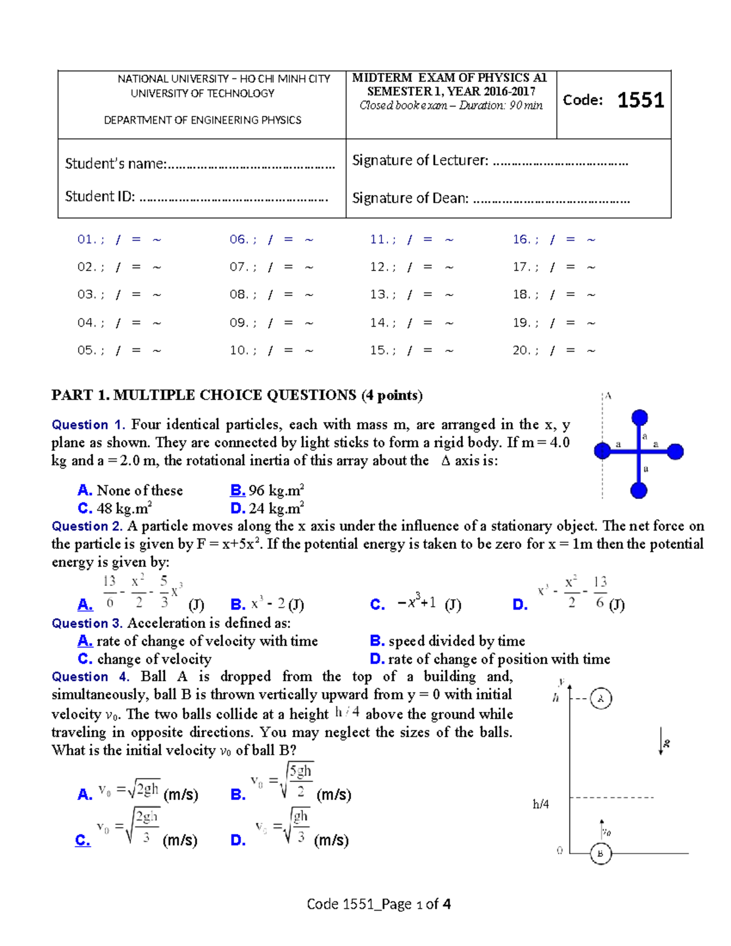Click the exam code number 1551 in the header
pyautogui.click(x=640, y=100)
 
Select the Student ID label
pyautogui.click(x=100, y=196)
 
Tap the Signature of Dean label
pyautogui.click(x=410, y=198)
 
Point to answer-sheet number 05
pyautogui.click(x=86, y=350)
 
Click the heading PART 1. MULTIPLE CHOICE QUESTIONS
pyautogui.click(x=237, y=395)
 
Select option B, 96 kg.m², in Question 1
pyautogui.click(x=267, y=490)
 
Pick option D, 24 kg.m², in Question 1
pyautogui.click(x=267, y=508)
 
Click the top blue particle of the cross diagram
pyautogui.click(x=639, y=417)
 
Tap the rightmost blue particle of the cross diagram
pyautogui.click(x=675, y=451)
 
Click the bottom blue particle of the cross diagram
pyautogui.click(x=638, y=490)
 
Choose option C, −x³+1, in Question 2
pyautogui.click(x=414, y=604)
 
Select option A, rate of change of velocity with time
pyautogui.click(x=198, y=641)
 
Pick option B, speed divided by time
pyautogui.click(x=448, y=641)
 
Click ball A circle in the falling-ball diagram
pyautogui.click(x=601, y=699)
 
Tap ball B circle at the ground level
pyautogui.click(x=600, y=853)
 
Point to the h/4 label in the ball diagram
pyautogui.click(x=540, y=804)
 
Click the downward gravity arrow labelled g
pyautogui.click(x=662, y=741)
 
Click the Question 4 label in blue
pyautogui.click(x=90, y=677)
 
